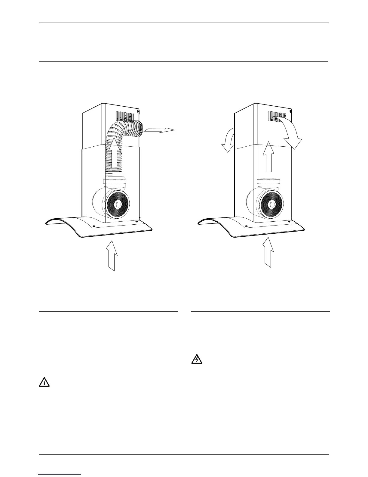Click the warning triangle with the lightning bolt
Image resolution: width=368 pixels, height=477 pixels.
(x=197, y=360)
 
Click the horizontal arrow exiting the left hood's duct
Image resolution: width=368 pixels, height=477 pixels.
(x=159, y=130)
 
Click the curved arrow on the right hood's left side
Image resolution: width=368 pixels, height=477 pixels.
(x=228, y=140)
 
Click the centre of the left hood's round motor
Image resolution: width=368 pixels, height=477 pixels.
(x=118, y=204)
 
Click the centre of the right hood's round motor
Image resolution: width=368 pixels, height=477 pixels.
(x=272, y=204)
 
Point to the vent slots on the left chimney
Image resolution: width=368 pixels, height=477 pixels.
(x=124, y=116)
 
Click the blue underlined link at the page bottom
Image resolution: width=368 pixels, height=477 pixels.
(x=60, y=475)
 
